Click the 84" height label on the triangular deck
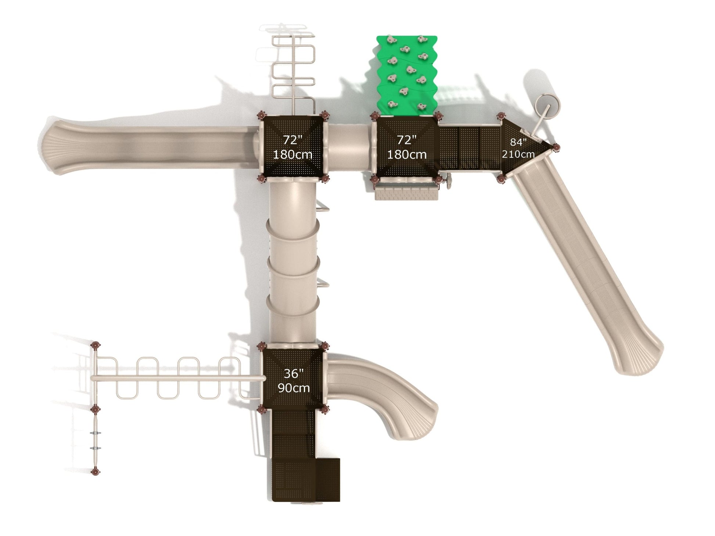tap(518, 142)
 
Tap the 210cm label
tap(518, 154)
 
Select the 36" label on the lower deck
tap(294, 373)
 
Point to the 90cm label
tap(294, 388)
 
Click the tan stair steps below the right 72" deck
tap(406, 192)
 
